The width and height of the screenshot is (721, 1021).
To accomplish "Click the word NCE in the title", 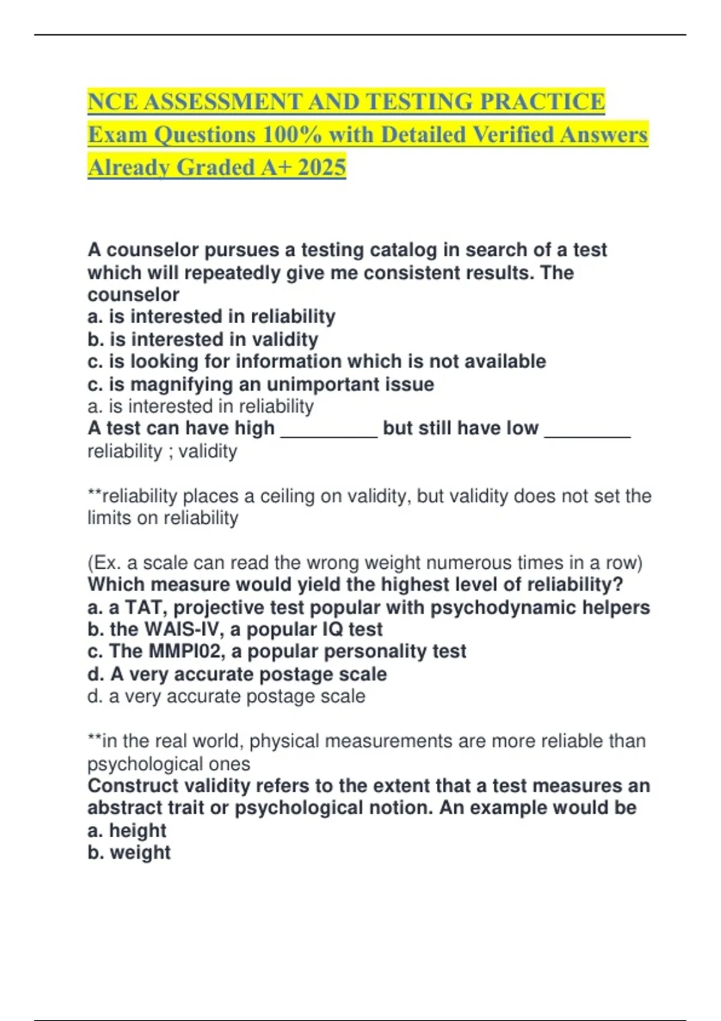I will [x=112, y=101].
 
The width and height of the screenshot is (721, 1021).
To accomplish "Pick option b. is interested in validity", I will [x=202, y=339].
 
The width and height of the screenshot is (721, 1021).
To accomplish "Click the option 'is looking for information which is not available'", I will [x=316, y=362].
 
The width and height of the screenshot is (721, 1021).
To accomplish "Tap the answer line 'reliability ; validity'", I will [x=162, y=451].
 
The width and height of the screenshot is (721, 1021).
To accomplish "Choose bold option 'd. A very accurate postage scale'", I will [x=237, y=674].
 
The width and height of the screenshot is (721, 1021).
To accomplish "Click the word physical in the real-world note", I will [x=284, y=741].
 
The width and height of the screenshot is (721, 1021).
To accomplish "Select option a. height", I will [x=127, y=831].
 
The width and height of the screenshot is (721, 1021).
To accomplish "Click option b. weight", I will [x=129, y=853].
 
